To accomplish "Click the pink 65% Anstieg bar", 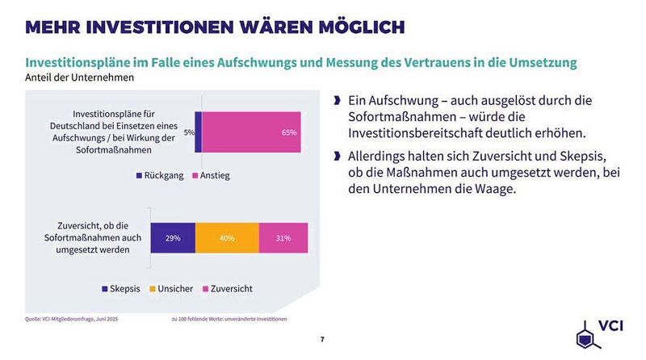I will pyautogui.click(x=251, y=132).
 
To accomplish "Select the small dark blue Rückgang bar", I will pyautogui.click(x=198, y=132).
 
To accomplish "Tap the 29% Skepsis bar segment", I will pyautogui.click(x=173, y=238).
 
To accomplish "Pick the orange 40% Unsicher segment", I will pyautogui.click(x=227, y=238).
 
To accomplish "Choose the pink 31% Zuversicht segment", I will pyautogui.click(x=283, y=238).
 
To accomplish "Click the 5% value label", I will pyautogui.click(x=188, y=132).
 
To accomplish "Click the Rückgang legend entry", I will pyautogui.click(x=159, y=175).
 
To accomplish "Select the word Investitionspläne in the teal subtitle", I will pyautogui.click(x=81, y=63).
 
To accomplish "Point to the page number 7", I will pyautogui.click(x=322, y=339).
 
